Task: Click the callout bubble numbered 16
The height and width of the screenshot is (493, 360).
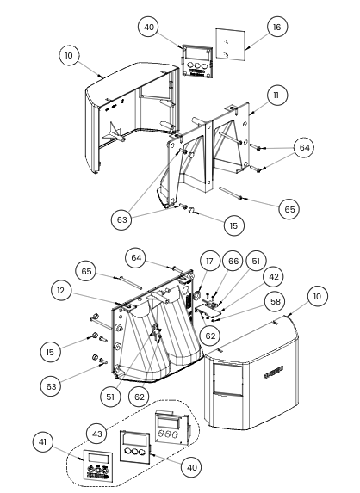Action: (x=276, y=27)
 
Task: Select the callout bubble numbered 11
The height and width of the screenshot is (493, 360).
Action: (x=276, y=95)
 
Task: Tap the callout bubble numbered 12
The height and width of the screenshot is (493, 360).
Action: (x=61, y=291)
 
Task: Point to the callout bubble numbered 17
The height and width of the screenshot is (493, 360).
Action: (x=209, y=262)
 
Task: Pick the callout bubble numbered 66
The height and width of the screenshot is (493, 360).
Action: (x=233, y=261)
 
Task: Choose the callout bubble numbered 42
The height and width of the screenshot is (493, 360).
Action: (x=274, y=277)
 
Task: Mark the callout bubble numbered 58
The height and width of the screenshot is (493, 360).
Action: (x=276, y=301)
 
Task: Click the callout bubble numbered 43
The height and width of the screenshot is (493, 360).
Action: (x=96, y=434)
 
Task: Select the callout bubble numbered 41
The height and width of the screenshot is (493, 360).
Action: (x=42, y=442)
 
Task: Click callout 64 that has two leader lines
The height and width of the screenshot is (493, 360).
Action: (x=304, y=147)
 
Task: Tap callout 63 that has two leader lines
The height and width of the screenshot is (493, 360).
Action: (x=121, y=219)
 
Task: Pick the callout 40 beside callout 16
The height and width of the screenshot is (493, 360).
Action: (x=148, y=27)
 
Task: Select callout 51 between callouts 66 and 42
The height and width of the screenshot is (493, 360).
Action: (x=256, y=261)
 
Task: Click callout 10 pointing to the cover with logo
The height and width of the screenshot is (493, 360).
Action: (x=317, y=296)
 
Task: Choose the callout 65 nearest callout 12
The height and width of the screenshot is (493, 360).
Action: (x=86, y=271)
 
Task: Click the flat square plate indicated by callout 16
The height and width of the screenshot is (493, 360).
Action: (x=230, y=45)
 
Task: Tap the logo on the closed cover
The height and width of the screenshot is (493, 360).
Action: (x=273, y=372)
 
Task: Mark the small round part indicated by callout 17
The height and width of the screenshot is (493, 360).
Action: (x=198, y=295)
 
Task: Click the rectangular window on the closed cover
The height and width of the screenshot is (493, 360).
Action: (x=228, y=379)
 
